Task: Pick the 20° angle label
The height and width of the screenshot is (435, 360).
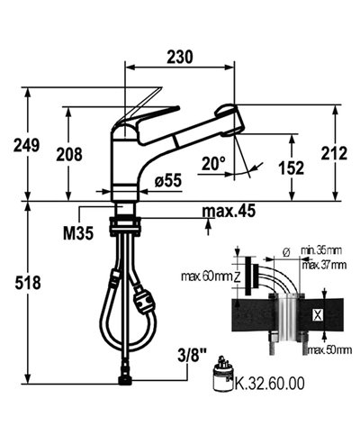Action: point(213,164)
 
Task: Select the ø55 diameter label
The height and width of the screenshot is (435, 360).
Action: point(167,181)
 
